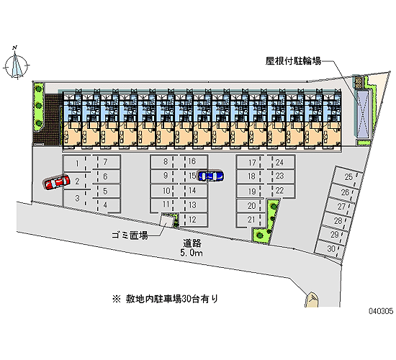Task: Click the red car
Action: click(57, 182)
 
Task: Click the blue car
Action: click(210, 176)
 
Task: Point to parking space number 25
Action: click(348, 176)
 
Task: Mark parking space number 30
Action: click(330, 249)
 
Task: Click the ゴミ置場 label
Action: click(130, 235)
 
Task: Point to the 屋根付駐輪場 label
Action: click(293, 61)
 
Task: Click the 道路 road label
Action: click(192, 243)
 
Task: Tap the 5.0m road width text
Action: click(192, 253)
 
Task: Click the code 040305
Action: click(381, 311)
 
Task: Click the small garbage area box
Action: click(167, 220)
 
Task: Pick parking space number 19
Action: click(251, 192)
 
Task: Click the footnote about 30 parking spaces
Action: click(165, 299)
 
